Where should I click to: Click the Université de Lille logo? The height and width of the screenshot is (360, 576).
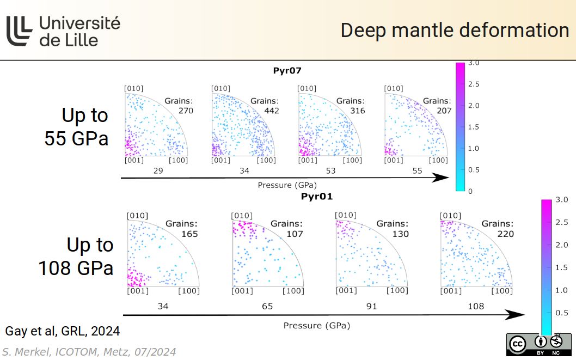tap(63, 30)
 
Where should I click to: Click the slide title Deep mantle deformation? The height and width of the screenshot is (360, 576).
tap(455, 30)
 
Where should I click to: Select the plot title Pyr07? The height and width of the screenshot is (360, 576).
tap(287, 70)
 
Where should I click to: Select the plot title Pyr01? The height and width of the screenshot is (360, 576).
tap(316, 196)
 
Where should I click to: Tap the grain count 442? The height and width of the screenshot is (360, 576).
tap(271, 111)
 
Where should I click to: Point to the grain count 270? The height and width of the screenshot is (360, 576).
tap(186, 111)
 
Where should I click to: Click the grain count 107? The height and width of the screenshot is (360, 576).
tap(295, 234)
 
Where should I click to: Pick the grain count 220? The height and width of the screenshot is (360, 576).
tap(505, 234)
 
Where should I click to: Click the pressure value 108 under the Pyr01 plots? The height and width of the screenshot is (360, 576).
tap(475, 306)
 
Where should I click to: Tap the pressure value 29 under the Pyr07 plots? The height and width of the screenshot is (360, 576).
tap(158, 171)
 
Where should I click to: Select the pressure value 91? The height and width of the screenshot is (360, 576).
tap(371, 306)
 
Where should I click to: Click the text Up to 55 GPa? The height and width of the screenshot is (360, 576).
tap(77, 126)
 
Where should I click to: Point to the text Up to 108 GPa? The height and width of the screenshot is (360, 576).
tap(76, 256)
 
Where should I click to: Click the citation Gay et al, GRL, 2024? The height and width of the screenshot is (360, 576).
tap(62, 331)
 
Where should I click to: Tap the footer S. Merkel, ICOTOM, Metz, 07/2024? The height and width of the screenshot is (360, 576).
tap(89, 352)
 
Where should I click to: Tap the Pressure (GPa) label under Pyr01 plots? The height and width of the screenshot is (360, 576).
tap(316, 326)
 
